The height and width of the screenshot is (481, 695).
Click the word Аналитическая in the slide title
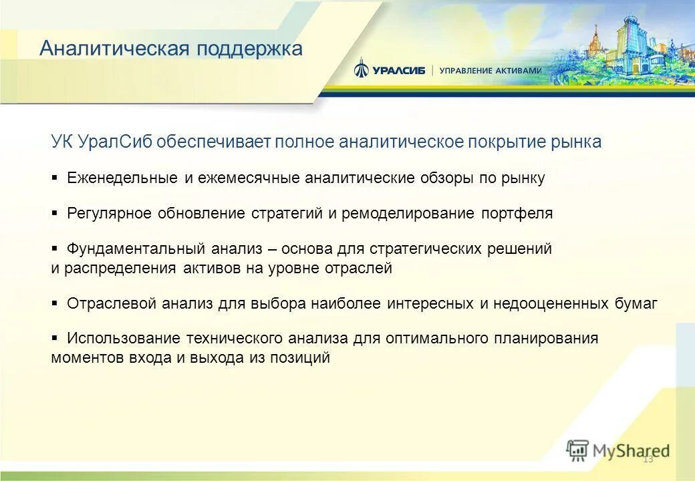[x=114, y=49]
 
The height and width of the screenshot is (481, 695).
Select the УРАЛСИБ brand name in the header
[x=398, y=70]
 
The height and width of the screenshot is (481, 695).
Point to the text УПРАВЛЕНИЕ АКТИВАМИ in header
[x=490, y=70]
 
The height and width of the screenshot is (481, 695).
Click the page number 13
[x=647, y=459]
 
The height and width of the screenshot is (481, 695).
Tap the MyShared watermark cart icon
[x=577, y=451]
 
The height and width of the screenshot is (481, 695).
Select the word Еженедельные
[x=122, y=178]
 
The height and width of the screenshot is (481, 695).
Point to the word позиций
[x=300, y=358]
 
